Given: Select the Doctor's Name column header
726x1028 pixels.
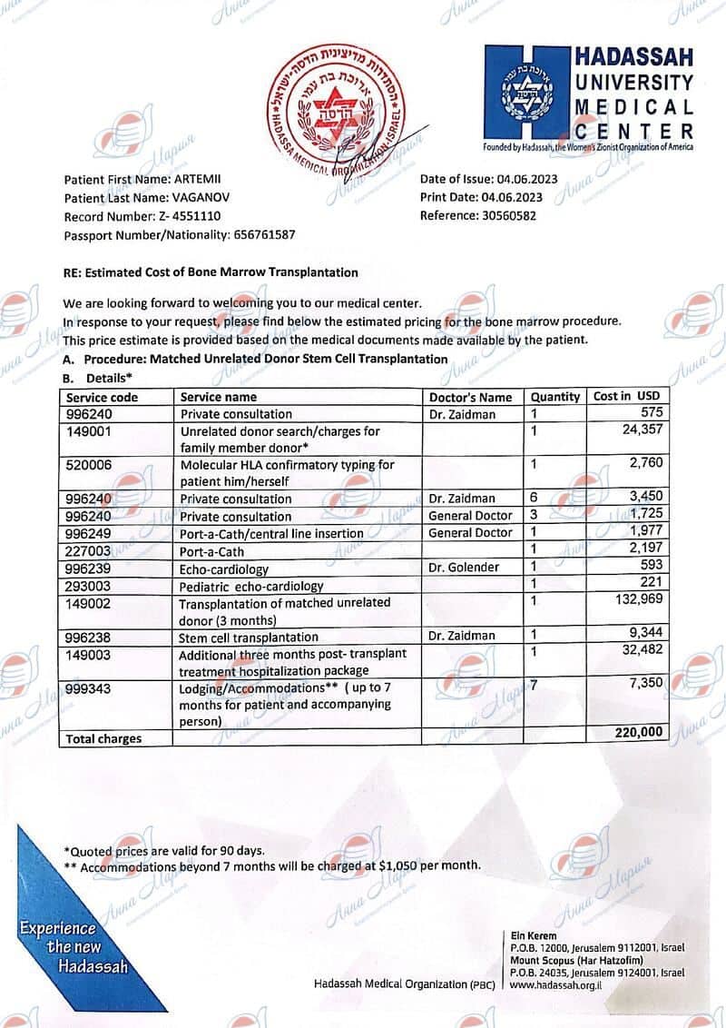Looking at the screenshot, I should pos(470,397).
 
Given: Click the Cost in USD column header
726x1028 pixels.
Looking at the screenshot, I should pos(627,396).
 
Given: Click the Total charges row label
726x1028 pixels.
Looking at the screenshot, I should pos(103,738).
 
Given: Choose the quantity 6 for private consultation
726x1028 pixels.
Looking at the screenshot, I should pos(535,498).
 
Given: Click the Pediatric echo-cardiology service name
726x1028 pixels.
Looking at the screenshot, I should pos(251,587).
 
